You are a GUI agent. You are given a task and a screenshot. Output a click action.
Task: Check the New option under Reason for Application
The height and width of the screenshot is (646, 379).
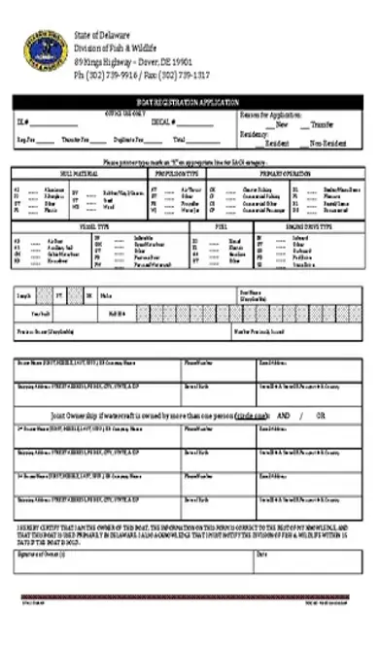(x=278, y=124)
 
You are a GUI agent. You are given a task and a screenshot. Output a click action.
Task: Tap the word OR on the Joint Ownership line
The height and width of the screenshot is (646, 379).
(x=321, y=415)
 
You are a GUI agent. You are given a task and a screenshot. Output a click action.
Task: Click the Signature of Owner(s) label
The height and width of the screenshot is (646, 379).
(x=41, y=554)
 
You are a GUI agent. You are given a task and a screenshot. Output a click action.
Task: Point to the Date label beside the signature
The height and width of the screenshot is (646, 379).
(x=261, y=554)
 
